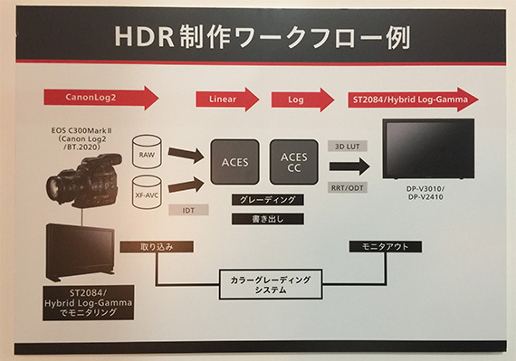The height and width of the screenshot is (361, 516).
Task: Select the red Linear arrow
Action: pos(225,98)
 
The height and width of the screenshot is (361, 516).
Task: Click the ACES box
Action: pos(234,163)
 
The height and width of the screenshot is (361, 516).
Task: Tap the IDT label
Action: pos(189,209)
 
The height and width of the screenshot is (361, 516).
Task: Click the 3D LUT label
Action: pos(349,144)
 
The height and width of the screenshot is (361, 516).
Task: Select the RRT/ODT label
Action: pos(349,189)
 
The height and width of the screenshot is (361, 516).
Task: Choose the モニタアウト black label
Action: pos(376,246)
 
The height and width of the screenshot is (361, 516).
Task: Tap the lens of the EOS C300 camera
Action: pos(61,186)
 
